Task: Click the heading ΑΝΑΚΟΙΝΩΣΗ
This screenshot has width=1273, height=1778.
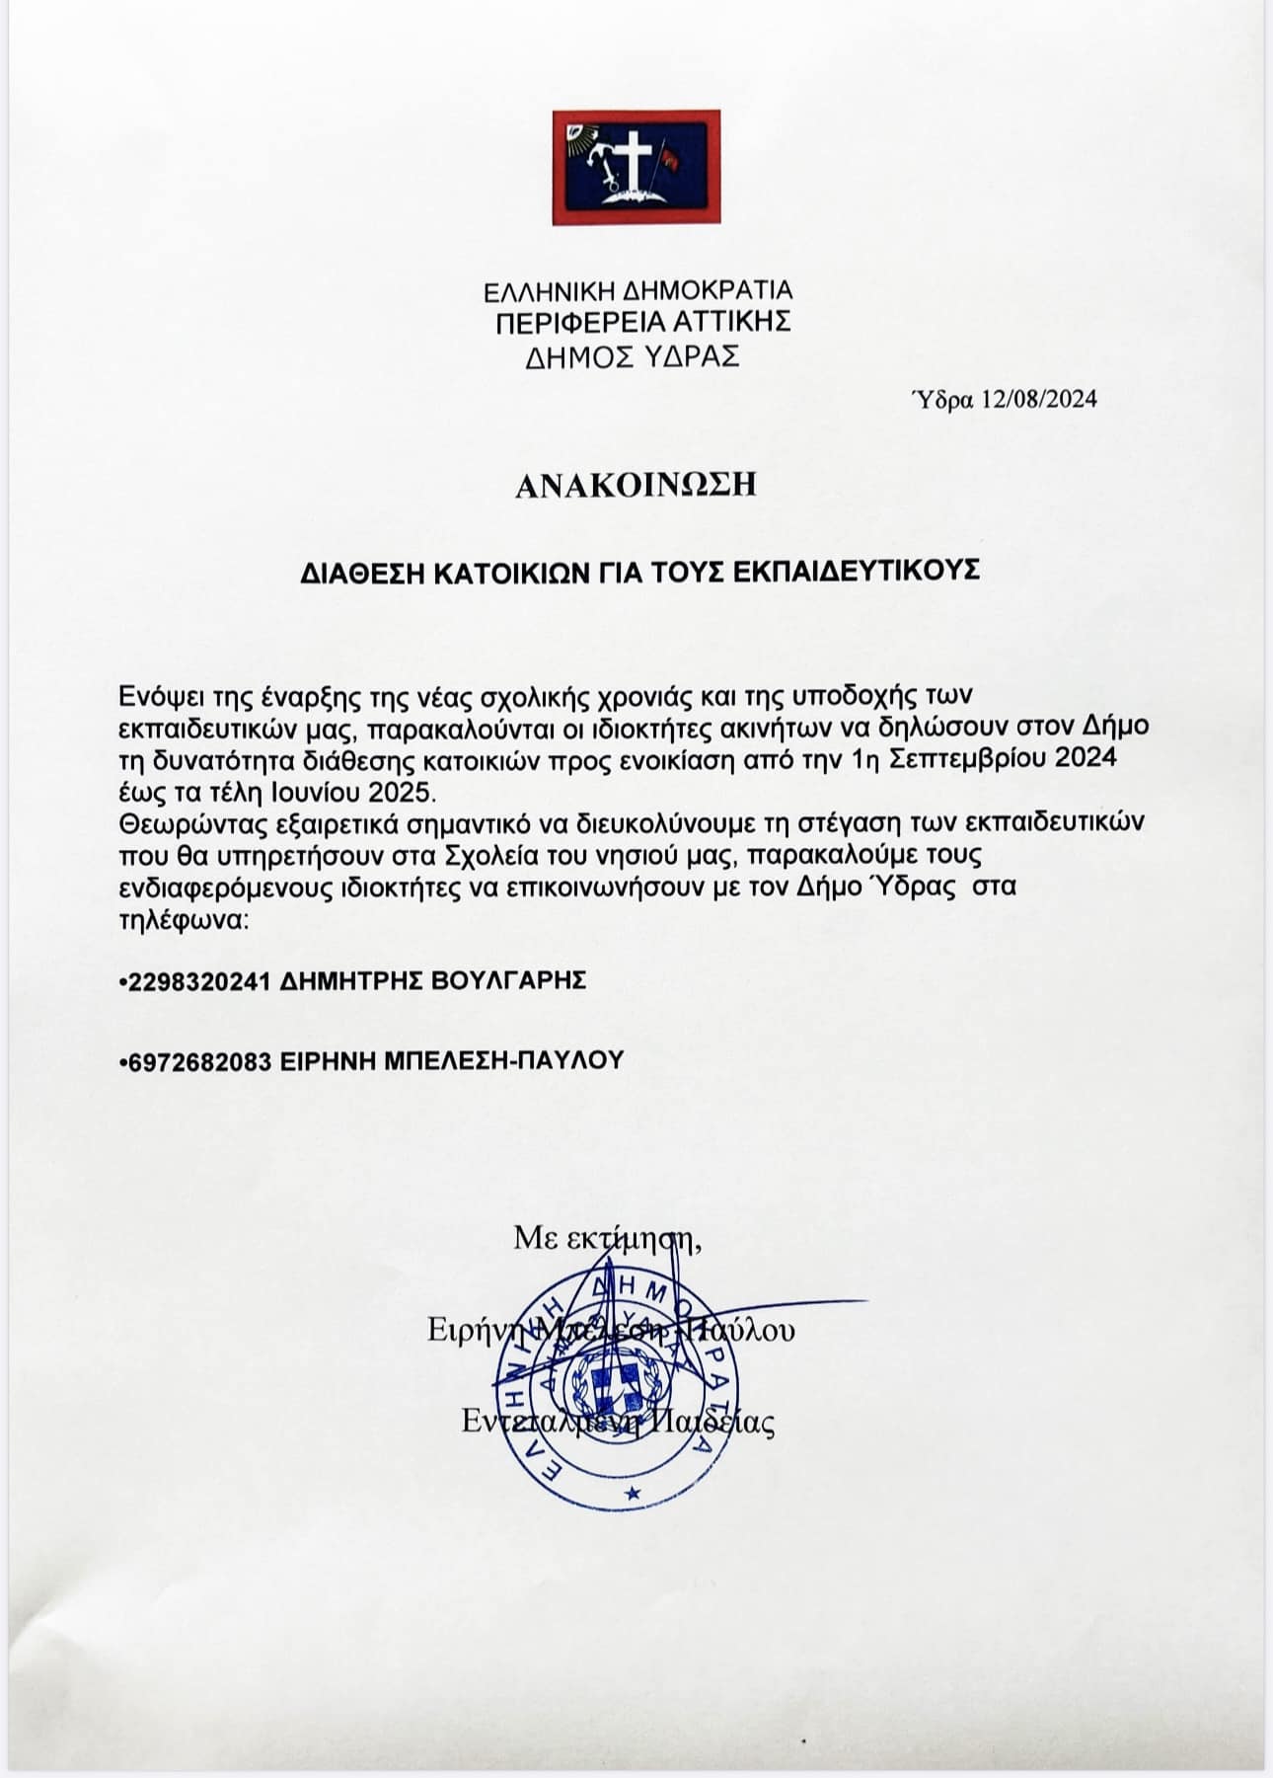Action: click(x=636, y=485)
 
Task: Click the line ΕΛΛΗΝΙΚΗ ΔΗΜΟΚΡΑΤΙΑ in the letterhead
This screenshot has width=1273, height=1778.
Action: click(x=636, y=291)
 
